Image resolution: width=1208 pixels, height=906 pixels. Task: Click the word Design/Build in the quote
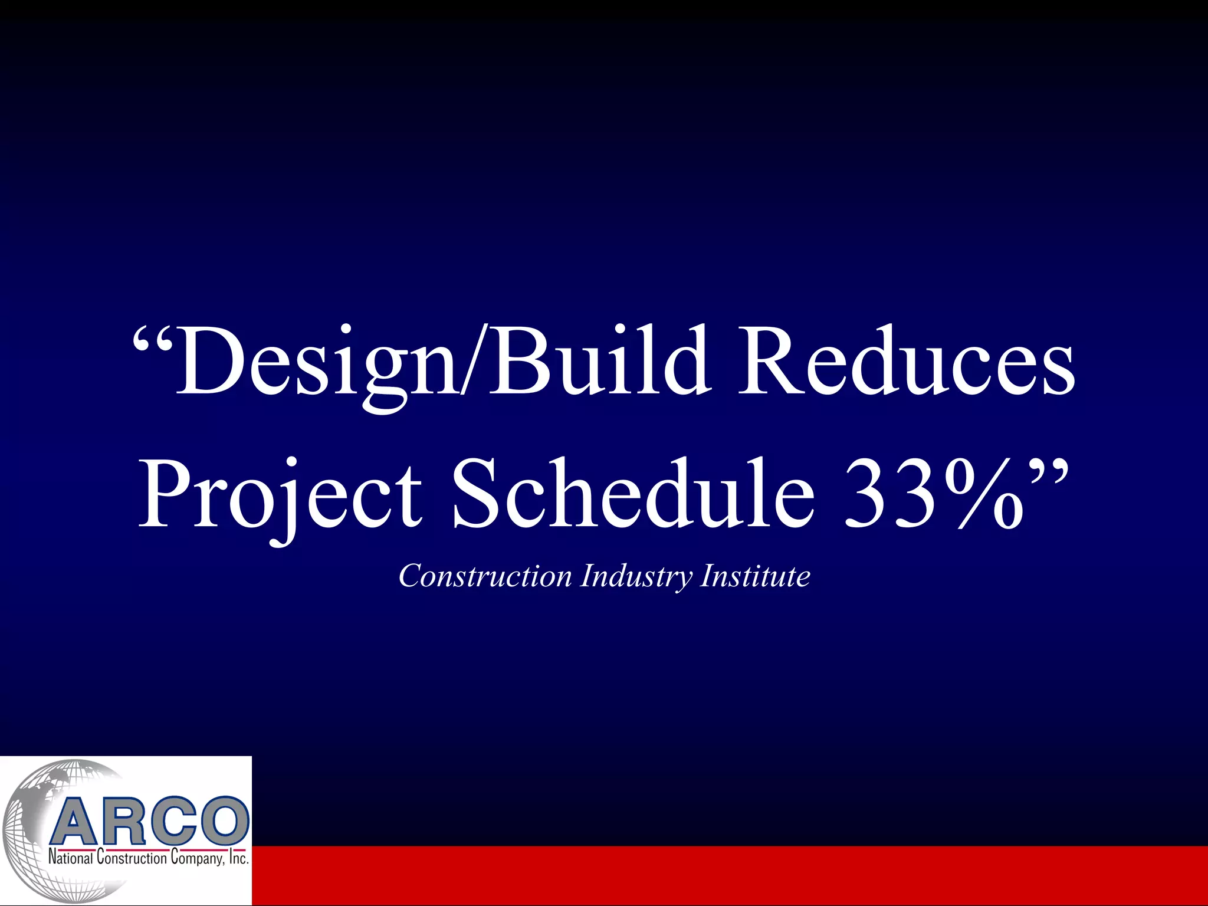(442, 363)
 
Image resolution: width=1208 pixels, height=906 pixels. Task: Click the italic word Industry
(637, 576)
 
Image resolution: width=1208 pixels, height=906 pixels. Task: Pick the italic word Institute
(755, 576)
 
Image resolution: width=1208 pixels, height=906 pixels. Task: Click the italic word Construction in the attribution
(485, 576)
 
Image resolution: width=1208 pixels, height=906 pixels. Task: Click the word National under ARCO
(70, 858)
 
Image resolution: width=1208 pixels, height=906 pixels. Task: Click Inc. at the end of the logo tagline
(238, 858)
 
